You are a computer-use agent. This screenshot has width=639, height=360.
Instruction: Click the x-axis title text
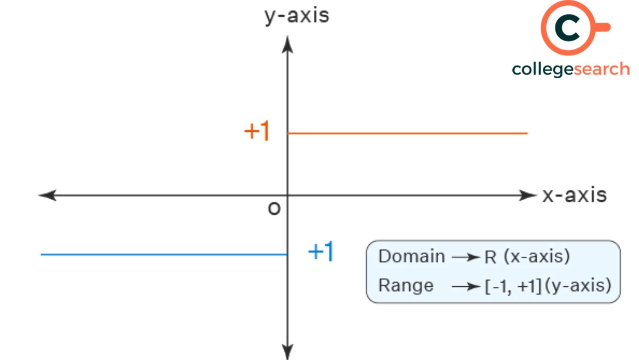(x=574, y=195)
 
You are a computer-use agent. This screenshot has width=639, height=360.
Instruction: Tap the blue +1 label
(x=321, y=251)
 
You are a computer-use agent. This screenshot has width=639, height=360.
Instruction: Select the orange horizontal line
(x=407, y=133)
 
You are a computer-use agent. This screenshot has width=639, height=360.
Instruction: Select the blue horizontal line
(x=164, y=254)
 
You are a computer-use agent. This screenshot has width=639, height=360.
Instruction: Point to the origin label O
(x=274, y=209)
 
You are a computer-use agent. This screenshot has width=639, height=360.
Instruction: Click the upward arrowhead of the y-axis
(x=288, y=44)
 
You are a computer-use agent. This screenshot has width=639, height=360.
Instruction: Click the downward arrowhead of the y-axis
(x=288, y=351)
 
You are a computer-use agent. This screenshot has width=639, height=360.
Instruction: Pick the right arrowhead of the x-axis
(x=528, y=195)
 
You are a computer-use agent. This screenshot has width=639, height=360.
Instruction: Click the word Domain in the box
(x=411, y=256)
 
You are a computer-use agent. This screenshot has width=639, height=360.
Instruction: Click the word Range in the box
(x=406, y=285)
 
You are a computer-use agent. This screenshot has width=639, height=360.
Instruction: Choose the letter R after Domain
(x=490, y=257)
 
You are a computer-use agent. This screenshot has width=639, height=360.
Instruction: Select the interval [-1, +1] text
(x=513, y=286)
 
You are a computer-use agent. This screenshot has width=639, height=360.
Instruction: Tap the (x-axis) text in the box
(x=537, y=256)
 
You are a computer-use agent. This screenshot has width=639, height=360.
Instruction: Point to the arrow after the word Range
(x=466, y=287)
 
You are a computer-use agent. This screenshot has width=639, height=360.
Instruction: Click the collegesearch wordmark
(x=571, y=69)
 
